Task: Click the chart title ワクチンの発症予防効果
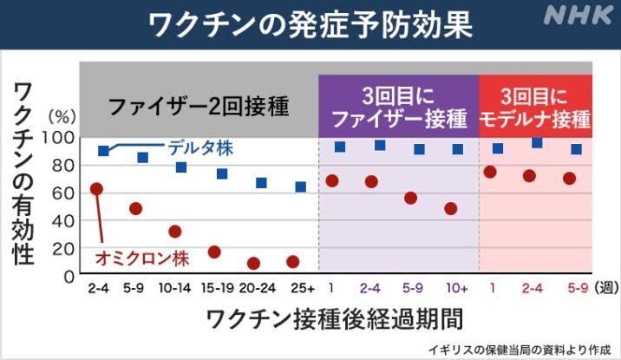pos(310,23)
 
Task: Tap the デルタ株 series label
pos(201,147)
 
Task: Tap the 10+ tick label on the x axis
pos(457,286)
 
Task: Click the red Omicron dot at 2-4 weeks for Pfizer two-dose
pos(97,188)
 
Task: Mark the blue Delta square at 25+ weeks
pos(300,187)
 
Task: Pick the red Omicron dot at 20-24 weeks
pos(254,263)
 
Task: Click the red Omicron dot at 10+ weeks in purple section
pos(451,208)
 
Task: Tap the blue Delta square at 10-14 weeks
pos(181,167)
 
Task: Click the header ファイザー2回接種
pos(198,108)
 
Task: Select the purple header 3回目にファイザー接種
pos(399,106)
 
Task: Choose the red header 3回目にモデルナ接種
pos(535,106)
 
